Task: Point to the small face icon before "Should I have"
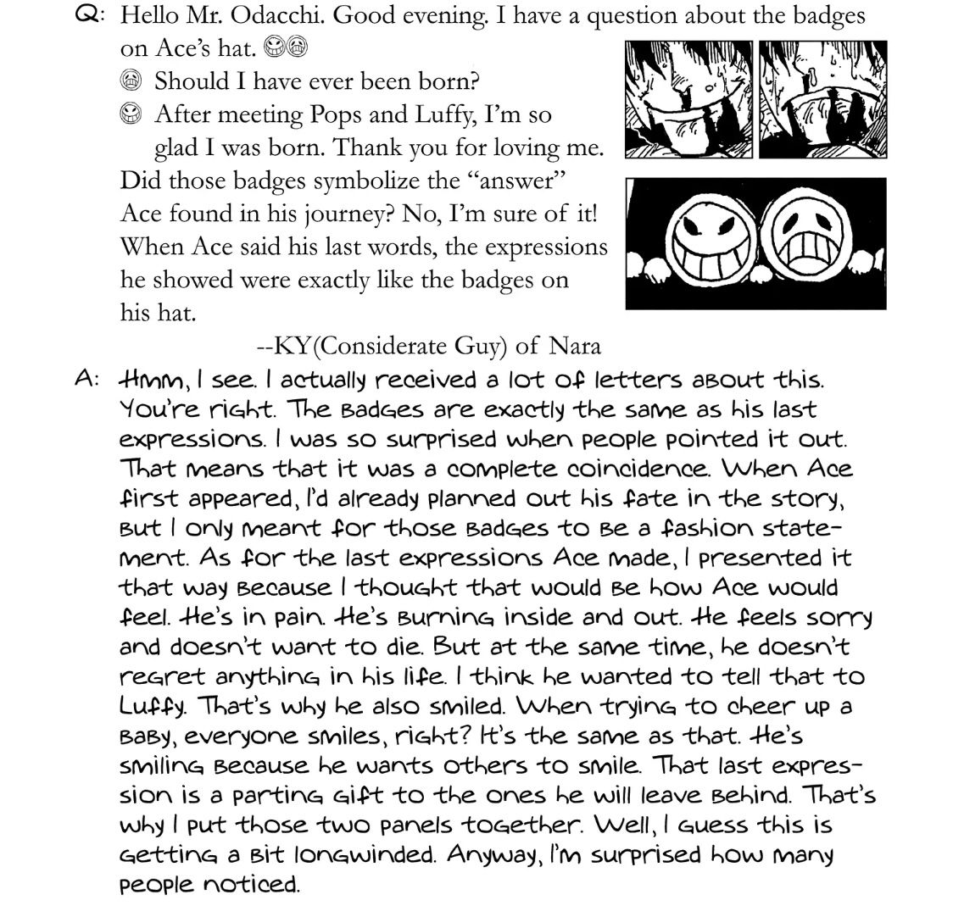(130, 81)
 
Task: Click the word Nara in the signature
(574, 345)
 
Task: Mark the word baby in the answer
(146, 736)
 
